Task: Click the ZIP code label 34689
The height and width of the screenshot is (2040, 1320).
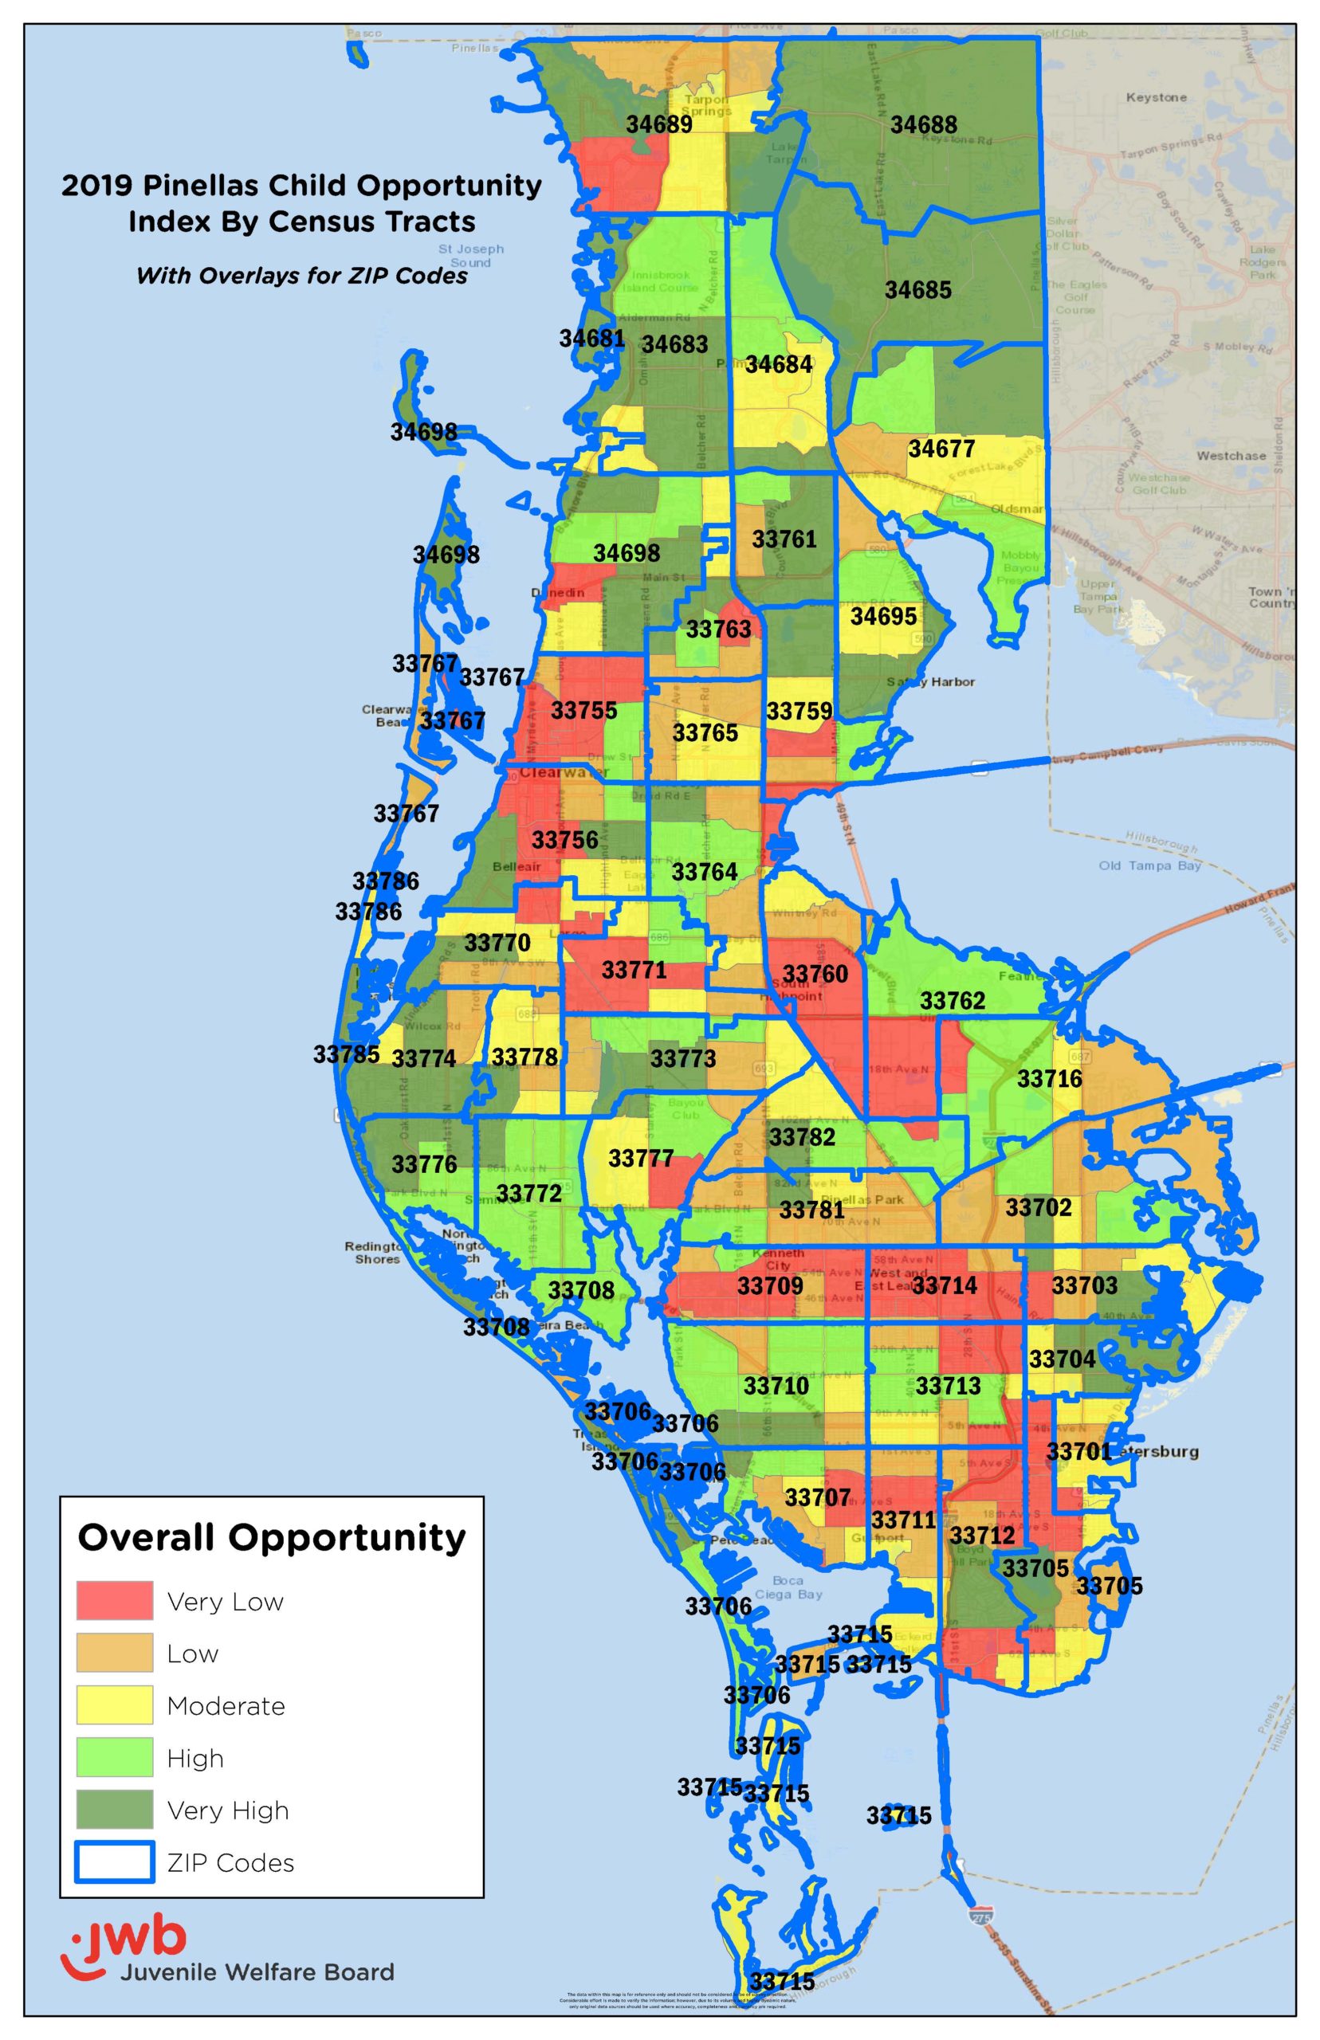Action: click(x=658, y=124)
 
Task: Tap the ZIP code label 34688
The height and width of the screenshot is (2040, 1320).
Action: click(x=923, y=125)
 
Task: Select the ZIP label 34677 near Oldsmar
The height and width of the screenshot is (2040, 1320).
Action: click(x=941, y=449)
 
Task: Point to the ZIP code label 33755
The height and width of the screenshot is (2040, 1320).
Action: click(x=583, y=710)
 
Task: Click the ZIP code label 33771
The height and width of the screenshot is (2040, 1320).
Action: click(x=634, y=970)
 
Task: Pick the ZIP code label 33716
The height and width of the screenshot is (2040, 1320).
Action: click(x=1049, y=1079)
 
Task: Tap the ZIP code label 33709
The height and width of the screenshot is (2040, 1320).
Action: click(x=770, y=1286)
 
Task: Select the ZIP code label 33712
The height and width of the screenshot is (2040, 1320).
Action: click(x=981, y=1536)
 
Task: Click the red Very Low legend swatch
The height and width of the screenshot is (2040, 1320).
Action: click(x=115, y=1600)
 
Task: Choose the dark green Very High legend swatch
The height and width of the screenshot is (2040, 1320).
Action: click(x=115, y=1809)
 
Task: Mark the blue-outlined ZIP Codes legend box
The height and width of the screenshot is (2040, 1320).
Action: click(x=115, y=1861)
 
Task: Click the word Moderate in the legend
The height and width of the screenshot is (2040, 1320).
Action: click(x=226, y=1706)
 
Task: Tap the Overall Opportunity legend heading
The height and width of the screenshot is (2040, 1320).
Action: click(x=272, y=1539)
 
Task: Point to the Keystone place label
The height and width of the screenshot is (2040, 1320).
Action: click(x=1157, y=98)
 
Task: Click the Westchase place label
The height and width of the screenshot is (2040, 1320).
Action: click(x=1231, y=456)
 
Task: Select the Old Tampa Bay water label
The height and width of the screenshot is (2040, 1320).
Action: click(x=1149, y=865)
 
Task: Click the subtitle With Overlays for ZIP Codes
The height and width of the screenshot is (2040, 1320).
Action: click(x=302, y=276)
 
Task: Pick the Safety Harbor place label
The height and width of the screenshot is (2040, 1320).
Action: click(x=930, y=682)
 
